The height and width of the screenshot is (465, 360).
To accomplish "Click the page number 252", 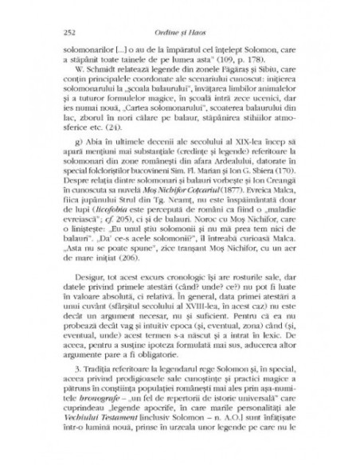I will (56, 31).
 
